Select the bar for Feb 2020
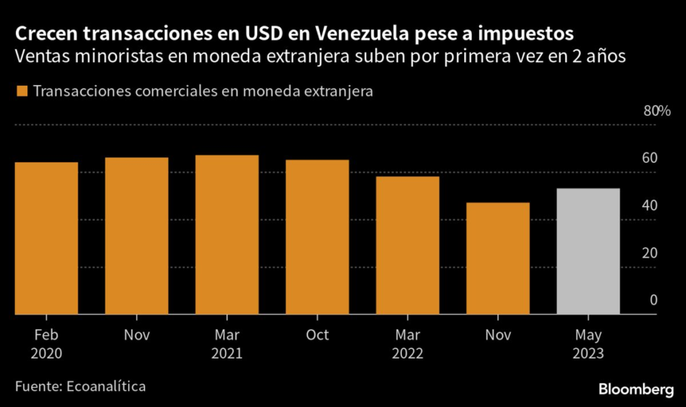(x=46, y=238)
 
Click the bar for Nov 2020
(x=137, y=236)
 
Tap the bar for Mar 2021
(x=227, y=234)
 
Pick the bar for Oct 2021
(x=317, y=237)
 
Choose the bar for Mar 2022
(x=407, y=245)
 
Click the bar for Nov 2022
(x=498, y=258)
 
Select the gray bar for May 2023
(x=588, y=251)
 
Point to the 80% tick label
(x=657, y=111)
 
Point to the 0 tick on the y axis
(x=653, y=301)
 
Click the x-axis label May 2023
(x=588, y=343)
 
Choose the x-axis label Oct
(x=317, y=335)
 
